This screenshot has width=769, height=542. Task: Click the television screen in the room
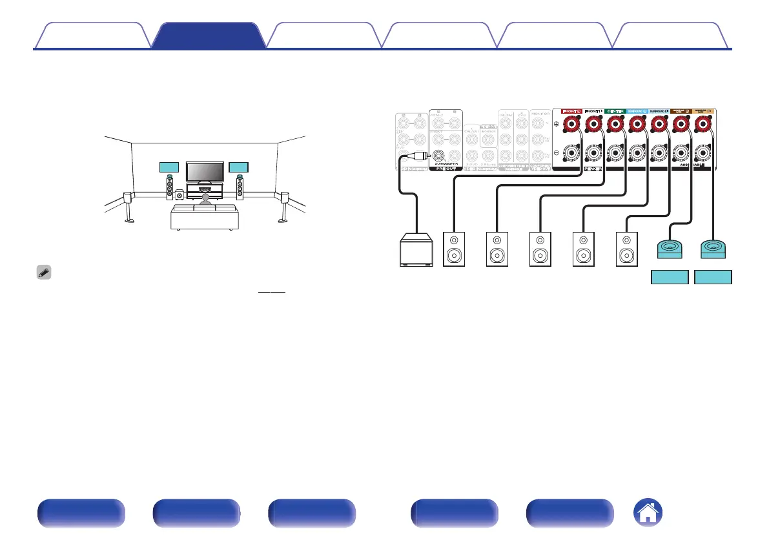click(x=204, y=171)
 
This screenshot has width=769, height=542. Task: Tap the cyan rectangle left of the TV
click(x=169, y=167)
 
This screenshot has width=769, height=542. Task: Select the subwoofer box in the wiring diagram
click(x=416, y=250)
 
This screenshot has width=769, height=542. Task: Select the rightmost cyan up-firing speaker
click(x=713, y=248)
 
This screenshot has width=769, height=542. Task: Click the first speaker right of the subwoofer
click(x=453, y=249)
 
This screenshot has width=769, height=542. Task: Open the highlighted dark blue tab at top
click(x=208, y=36)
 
